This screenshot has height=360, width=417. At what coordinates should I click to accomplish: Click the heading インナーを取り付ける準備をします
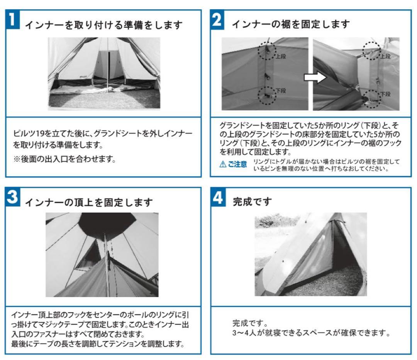tap(103, 25)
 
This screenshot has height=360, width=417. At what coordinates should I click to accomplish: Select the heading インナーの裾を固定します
tap(290, 24)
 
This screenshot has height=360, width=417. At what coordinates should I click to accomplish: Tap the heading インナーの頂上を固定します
tap(89, 202)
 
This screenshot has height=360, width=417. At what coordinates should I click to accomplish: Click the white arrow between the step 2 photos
tap(312, 77)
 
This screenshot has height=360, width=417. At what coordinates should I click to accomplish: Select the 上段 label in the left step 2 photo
tap(280, 56)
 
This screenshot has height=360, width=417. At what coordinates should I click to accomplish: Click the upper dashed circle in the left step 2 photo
tap(266, 50)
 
